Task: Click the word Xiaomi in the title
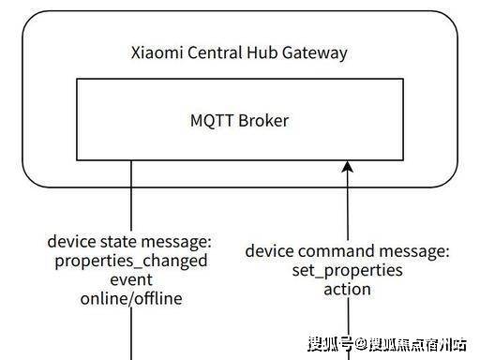click(x=157, y=52)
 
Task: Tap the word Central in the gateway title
click(x=216, y=52)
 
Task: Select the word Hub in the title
click(x=262, y=52)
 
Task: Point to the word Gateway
click(x=315, y=53)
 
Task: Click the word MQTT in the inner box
click(x=212, y=121)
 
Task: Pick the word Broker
click(x=263, y=120)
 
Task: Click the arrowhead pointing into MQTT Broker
click(x=348, y=167)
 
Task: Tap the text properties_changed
click(x=131, y=262)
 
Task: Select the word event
click(x=131, y=279)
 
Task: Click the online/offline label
click(x=131, y=298)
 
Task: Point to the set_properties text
click(x=348, y=271)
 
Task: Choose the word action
click(x=348, y=290)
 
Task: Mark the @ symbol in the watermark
click(x=361, y=344)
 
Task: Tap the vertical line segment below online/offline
click(x=131, y=334)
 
